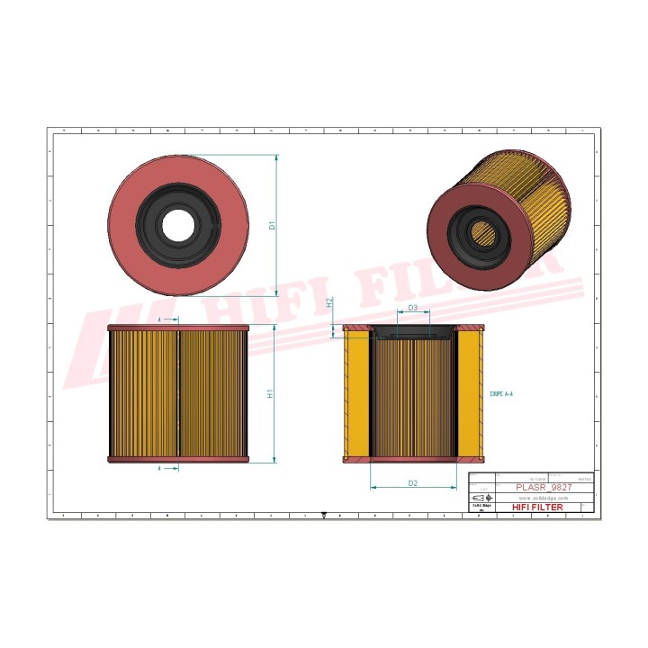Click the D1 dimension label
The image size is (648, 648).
coord(272,226)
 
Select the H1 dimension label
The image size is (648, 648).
coord(272,394)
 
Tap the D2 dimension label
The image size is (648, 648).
coord(412,483)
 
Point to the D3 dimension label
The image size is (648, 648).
coord(412,309)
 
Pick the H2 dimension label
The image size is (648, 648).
coord(330,303)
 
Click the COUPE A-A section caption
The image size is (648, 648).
coord(501,394)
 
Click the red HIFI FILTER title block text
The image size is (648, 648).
coord(537,508)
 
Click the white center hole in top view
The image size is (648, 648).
coord(177,224)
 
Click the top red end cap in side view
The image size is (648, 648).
coord(177,328)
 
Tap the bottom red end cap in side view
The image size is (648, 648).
coord(177,459)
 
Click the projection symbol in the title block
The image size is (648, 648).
coord(482,498)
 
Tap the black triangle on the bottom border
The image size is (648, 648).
coord(323,517)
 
